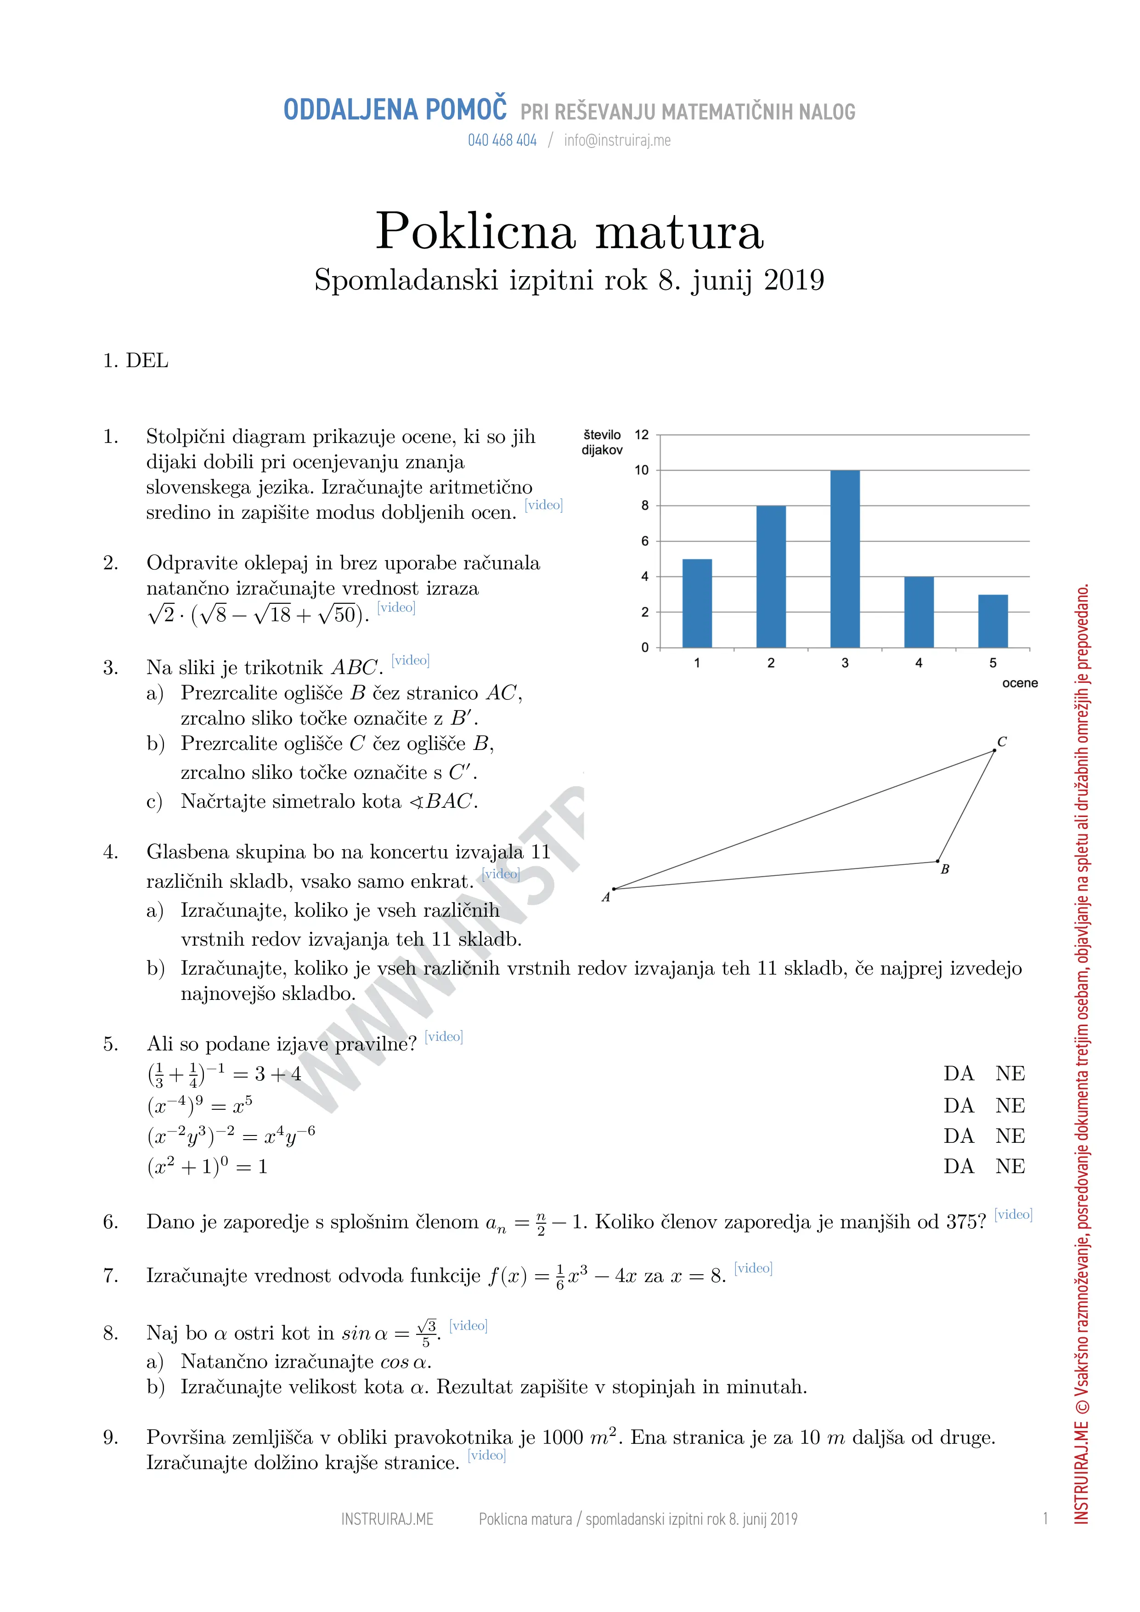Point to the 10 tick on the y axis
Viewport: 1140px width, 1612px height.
[x=642, y=471]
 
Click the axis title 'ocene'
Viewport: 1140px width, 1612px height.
[x=1019, y=683]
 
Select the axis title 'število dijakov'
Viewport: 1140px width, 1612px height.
[x=602, y=443]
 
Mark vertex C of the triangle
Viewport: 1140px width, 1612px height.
[x=994, y=750]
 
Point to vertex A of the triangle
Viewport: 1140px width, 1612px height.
[x=614, y=889]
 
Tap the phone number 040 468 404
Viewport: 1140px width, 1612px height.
[x=502, y=141]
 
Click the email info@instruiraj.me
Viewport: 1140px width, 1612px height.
[x=617, y=141]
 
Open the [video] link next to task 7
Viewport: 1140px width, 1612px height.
[x=753, y=1268]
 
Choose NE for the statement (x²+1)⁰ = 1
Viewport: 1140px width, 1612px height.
[x=1010, y=1166]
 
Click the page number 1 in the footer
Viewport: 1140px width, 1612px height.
[x=1045, y=1519]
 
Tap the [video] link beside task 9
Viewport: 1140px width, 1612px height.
[x=486, y=1455]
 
